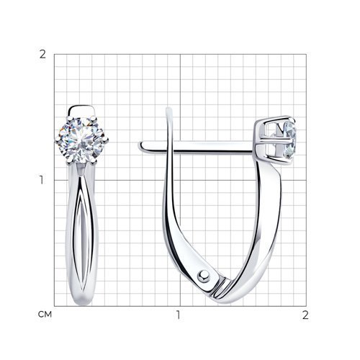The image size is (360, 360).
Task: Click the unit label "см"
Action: [x=45, y=314]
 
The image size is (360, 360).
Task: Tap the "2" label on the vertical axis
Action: [x=42, y=55]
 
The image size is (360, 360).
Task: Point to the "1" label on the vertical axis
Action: [x=42, y=180]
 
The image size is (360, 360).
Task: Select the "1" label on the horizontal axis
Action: [x=178, y=315]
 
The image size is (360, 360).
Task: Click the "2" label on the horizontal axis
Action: [x=305, y=315]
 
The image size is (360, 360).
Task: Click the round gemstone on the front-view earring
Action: [x=81, y=140]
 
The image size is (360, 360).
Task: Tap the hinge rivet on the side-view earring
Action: [x=203, y=276]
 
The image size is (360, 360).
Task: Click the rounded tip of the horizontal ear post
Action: [x=141, y=146]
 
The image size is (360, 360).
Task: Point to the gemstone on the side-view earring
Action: [x=289, y=140]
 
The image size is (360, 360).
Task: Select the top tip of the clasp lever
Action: [x=169, y=109]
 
